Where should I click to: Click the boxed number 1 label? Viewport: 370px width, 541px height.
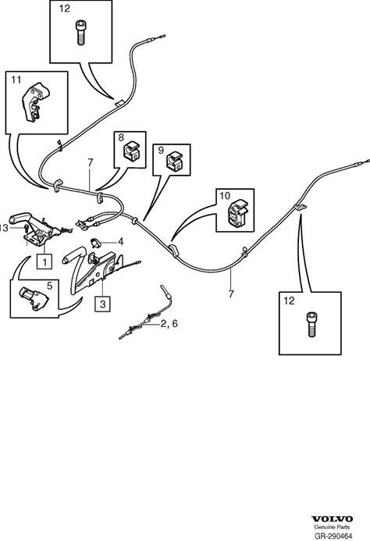pyautogui.click(x=44, y=262)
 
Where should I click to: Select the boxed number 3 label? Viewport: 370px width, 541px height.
pyautogui.click(x=102, y=304)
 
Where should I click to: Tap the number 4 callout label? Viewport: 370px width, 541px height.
pyautogui.click(x=120, y=241)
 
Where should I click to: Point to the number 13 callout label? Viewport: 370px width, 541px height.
pyautogui.click(x=3, y=228)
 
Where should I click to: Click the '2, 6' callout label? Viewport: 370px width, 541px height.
pyautogui.click(x=169, y=324)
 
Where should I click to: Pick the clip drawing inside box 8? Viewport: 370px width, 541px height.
pyautogui.click(x=131, y=151)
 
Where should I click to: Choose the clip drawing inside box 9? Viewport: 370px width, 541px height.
pyautogui.click(x=175, y=162)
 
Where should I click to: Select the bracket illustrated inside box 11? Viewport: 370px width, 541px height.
pyautogui.click(x=36, y=101)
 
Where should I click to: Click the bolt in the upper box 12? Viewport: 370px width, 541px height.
pyautogui.click(x=80, y=33)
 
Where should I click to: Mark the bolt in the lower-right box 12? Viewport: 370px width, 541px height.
pyautogui.click(x=312, y=324)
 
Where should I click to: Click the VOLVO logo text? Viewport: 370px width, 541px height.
pyautogui.click(x=333, y=519)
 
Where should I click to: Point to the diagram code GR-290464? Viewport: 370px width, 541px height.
pyautogui.click(x=333, y=536)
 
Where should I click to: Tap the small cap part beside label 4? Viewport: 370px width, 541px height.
pyautogui.click(x=95, y=243)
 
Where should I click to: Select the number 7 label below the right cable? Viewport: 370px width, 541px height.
pyautogui.click(x=231, y=294)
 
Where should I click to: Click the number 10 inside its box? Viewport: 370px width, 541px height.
pyautogui.click(x=225, y=196)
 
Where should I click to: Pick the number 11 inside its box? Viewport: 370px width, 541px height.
pyautogui.click(x=16, y=80)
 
